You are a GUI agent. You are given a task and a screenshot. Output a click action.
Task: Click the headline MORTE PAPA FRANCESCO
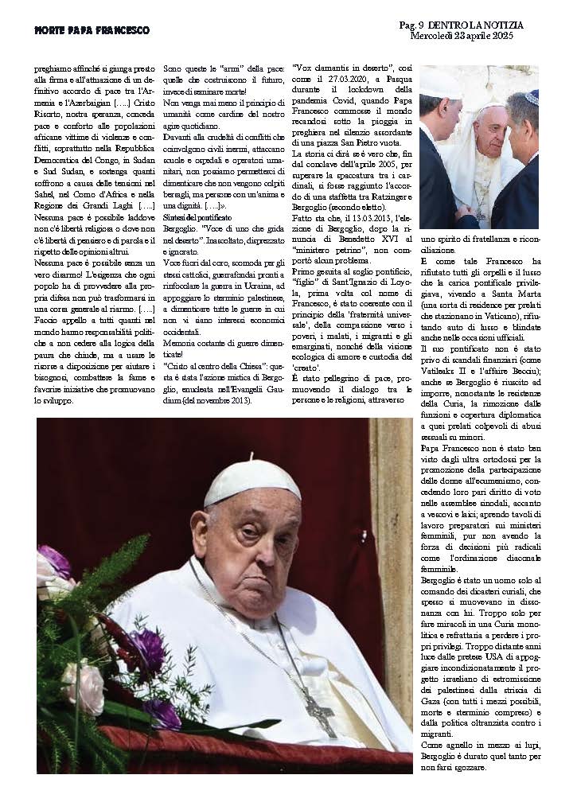tap(92, 29)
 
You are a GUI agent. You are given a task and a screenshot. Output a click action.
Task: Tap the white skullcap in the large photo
tap(241, 481)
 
